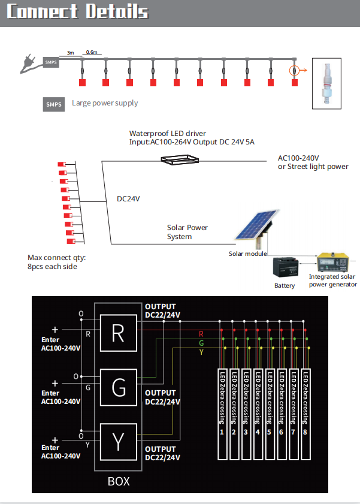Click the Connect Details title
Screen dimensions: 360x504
(x=77, y=11)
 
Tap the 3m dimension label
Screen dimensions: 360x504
(x=70, y=53)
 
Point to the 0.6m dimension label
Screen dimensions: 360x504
(x=92, y=52)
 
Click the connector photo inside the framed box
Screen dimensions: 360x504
(x=326, y=83)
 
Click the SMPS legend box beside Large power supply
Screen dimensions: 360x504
(x=54, y=104)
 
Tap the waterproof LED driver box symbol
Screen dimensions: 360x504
(x=180, y=159)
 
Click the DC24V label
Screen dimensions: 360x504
(x=128, y=199)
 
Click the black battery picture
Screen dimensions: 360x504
(x=285, y=267)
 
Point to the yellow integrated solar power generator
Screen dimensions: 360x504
(x=332, y=262)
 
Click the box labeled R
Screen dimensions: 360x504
(x=119, y=333)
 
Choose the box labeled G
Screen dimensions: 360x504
(x=119, y=387)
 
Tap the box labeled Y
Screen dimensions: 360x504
(x=119, y=442)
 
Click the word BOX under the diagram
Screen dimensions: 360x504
(x=119, y=481)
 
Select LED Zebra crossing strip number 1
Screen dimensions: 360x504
(x=222, y=414)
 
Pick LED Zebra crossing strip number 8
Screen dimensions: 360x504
(x=305, y=414)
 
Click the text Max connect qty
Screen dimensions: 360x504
(x=56, y=258)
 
